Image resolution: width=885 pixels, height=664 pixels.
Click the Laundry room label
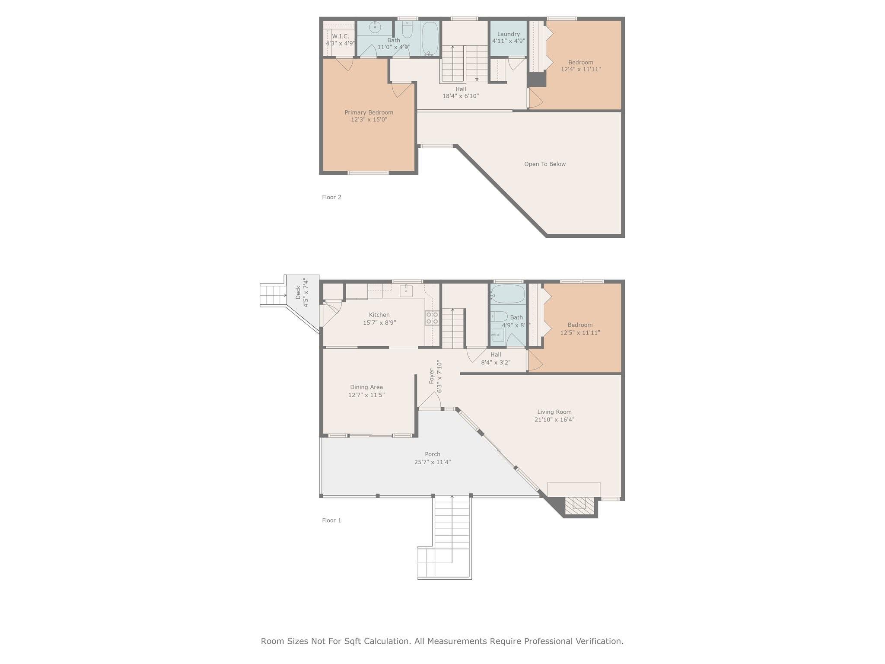pos(508,34)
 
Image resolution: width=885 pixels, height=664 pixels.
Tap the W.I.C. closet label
pos(341,36)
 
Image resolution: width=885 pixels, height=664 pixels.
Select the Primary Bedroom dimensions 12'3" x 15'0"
pos(369,120)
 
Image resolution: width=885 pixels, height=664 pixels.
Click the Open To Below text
pos(544,164)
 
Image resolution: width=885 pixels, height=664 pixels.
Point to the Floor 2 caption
pos(331,197)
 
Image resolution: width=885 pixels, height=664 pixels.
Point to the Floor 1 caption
pos(331,520)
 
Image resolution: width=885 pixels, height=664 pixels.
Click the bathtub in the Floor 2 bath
pos(430,38)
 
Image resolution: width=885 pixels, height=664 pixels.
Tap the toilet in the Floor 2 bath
pos(407,30)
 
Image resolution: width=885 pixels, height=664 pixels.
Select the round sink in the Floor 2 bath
pos(375,27)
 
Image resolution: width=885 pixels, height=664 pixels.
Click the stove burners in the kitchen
pos(432,318)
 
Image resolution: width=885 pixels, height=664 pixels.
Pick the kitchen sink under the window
pos(406,291)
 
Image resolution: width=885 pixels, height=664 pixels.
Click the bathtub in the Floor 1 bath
pos(508,294)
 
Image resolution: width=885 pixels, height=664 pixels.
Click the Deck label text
pos(298,293)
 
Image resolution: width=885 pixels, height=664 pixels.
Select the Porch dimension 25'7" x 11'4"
pos(432,462)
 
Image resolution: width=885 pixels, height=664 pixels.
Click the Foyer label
pos(431,376)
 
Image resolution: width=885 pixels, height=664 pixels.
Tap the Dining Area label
pos(366,387)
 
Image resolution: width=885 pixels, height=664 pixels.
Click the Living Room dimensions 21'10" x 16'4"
pos(554,419)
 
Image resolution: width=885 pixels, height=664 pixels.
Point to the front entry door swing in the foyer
pos(431,400)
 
